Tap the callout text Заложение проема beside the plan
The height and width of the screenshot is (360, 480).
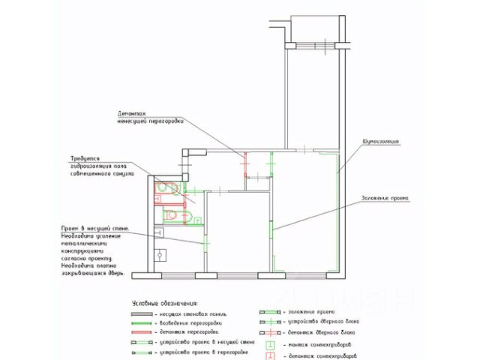[384, 198]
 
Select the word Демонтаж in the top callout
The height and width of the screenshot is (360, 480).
[130, 111]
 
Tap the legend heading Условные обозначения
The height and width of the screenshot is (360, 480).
[164, 301]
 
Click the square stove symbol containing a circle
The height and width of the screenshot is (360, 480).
[160, 255]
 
